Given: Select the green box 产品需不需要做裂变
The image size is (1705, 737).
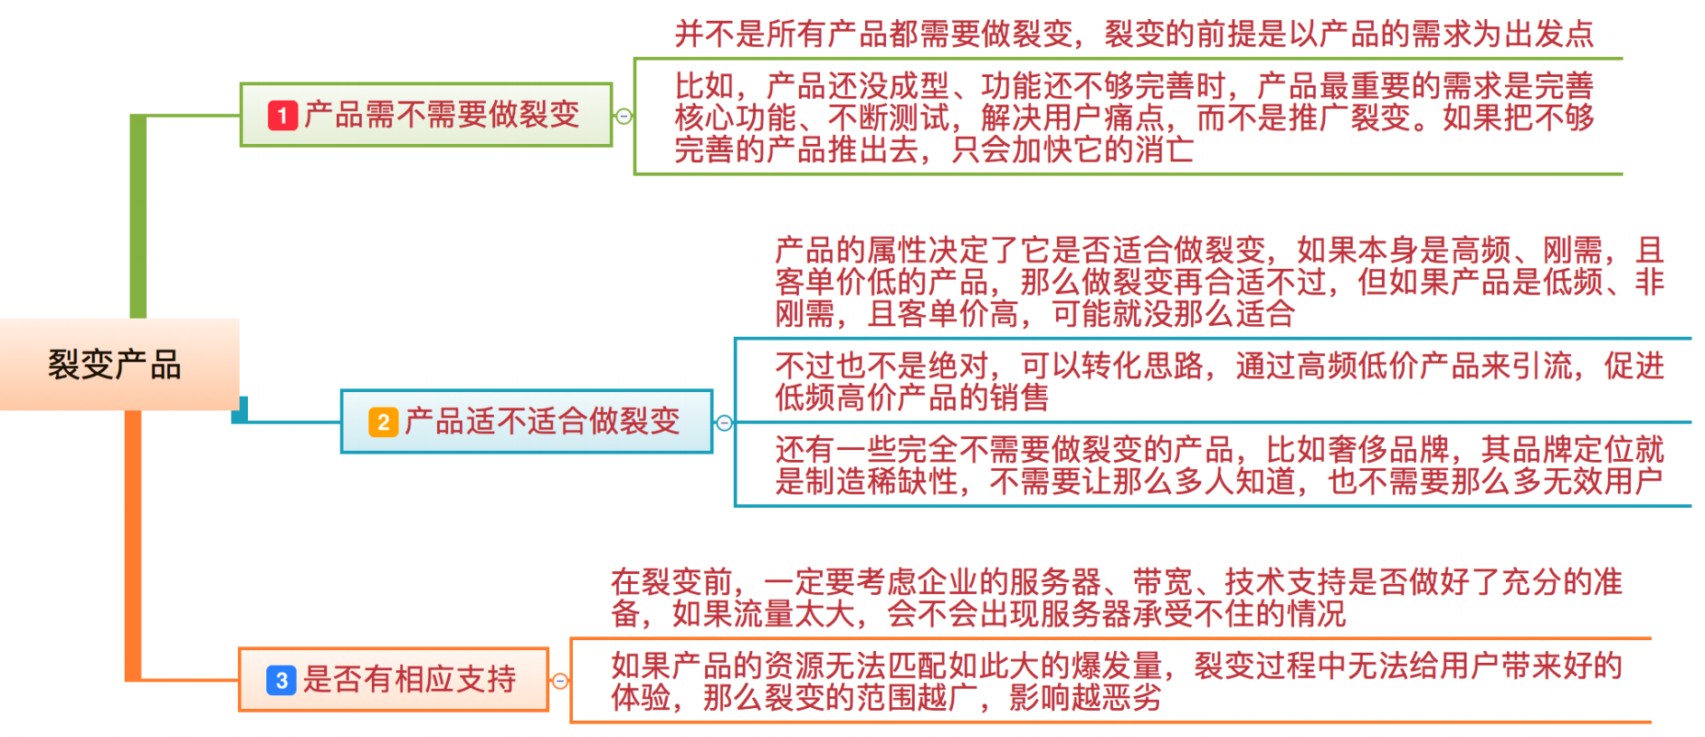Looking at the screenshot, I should [x=425, y=115].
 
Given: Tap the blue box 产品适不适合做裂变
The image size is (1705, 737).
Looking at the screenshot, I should [x=526, y=421].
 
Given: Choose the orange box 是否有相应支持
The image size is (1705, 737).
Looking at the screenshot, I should [x=393, y=679].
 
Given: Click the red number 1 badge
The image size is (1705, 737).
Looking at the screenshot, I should [x=282, y=116].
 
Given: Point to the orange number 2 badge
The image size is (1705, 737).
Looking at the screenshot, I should [x=383, y=422].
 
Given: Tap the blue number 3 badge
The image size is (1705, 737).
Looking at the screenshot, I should [x=281, y=680].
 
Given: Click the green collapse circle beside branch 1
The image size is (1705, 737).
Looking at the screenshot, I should [x=624, y=116].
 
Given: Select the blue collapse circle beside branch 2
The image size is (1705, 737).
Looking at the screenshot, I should [x=724, y=423].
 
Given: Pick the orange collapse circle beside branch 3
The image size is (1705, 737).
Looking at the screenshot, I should [x=560, y=681].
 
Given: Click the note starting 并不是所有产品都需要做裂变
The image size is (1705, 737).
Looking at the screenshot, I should [x=1133, y=34].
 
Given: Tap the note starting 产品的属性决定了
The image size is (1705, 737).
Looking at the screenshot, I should [x=1218, y=282].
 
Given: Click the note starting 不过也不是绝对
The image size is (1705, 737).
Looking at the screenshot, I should [x=1218, y=381].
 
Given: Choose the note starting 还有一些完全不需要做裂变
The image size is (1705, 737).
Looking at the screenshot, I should [x=1218, y=464].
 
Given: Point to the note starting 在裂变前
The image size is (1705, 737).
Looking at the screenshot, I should [x=1115, y=598].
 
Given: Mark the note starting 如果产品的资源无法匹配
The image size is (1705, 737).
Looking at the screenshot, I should [x=1115, y=681].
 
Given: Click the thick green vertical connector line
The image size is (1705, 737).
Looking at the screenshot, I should [x=138, y=217].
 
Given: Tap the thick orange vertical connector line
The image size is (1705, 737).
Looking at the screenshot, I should [x=133, y=543].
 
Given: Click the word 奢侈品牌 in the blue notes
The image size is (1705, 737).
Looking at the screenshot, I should [x=1388, y=450].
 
